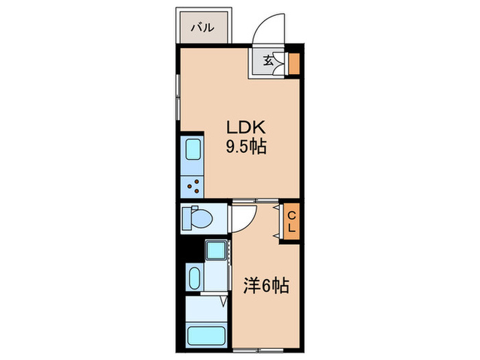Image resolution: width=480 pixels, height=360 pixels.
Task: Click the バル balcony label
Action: pos(202,28)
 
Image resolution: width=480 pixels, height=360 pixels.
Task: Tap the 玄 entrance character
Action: pos(268,60)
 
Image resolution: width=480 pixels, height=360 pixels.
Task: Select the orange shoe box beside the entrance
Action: pos(293,62)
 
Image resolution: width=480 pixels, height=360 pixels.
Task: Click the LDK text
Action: pos(241,128)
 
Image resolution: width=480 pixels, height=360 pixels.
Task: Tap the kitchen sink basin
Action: pos(191,151)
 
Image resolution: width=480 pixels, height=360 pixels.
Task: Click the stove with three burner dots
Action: pos(191,183)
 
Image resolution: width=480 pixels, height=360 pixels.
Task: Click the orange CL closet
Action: pos(291,220)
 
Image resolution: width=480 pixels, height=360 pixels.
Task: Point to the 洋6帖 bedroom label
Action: pos(265,285)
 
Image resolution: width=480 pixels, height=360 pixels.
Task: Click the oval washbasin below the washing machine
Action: pos(193,278)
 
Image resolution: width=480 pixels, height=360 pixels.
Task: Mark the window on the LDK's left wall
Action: pos(179,95)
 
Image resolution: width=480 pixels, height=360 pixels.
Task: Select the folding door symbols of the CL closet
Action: pos(279,220)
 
